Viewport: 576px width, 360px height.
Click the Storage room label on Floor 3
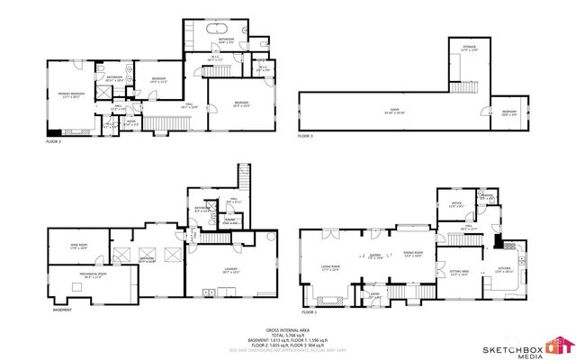click(x=469, y=49)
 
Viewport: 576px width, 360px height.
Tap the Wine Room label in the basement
click(x=78, y=246)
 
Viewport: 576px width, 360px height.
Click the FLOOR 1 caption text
click(x=309, y=312)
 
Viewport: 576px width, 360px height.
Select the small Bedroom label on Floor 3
click(x=508, y=113)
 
